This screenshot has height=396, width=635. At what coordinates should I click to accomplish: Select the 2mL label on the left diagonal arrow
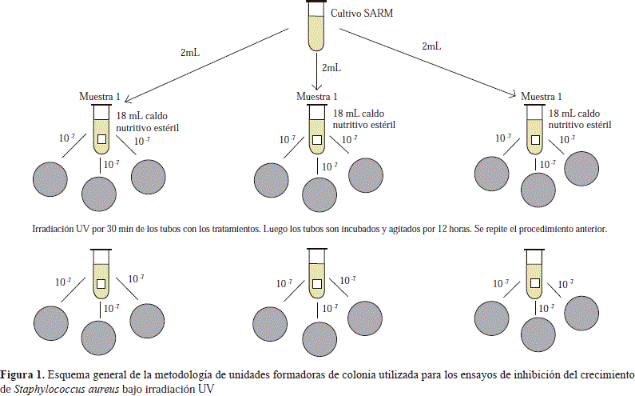coord(190,53)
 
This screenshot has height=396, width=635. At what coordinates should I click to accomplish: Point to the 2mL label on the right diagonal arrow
coord(431,46)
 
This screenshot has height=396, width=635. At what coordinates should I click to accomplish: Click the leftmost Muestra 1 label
coord(100,96)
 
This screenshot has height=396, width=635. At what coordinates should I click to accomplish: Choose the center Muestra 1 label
coord(317,96)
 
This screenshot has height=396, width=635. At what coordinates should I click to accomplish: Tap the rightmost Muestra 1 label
coord(546,96)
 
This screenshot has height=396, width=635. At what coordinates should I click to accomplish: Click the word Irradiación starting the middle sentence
coord(54,229)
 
